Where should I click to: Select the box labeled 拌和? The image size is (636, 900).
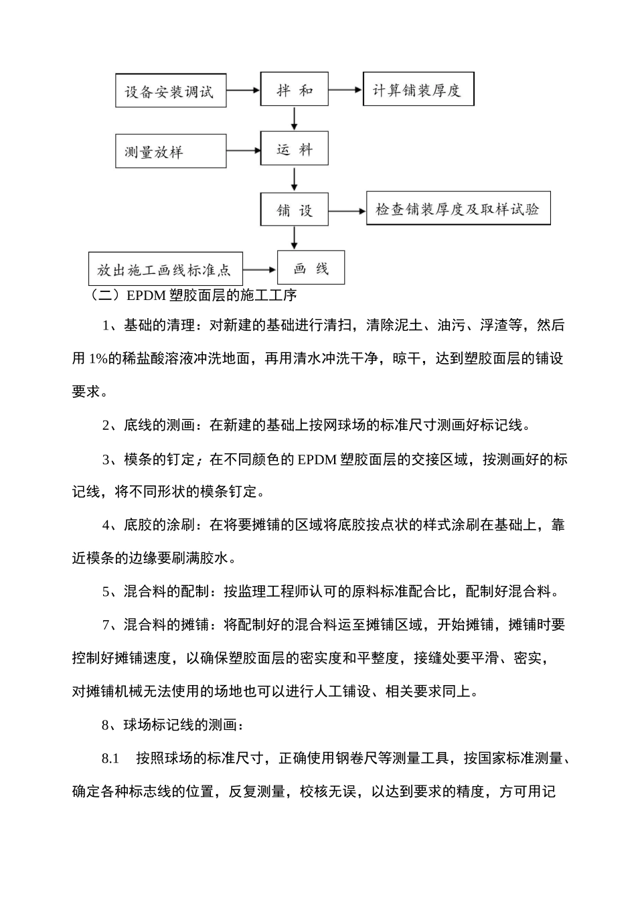[x=294, y=90]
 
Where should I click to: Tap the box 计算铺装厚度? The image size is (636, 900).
[x=418, y=90]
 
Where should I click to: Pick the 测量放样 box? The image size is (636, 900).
[x=170, y=151]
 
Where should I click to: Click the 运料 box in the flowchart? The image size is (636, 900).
[x=294, y=149]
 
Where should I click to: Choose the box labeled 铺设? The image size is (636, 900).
[x=294, y=210]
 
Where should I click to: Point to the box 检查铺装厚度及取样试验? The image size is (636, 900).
[x=458, y=209]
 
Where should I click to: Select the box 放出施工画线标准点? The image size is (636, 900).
[x=165, y=269]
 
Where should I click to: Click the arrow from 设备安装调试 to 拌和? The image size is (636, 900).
[x=242, y=90]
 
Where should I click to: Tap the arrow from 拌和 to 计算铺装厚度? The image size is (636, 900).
[x=345, y=90]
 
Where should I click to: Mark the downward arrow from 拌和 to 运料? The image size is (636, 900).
[x=294, y=119]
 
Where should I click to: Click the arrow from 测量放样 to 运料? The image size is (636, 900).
[x=242, y=151]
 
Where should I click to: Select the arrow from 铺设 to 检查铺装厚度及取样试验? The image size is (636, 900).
[x=347, y=210]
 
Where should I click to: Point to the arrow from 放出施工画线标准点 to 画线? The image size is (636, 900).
[x=260, y=269]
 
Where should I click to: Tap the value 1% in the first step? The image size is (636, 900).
[x=98, y=358]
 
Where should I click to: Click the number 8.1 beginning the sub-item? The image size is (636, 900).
[x=110, y=759]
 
